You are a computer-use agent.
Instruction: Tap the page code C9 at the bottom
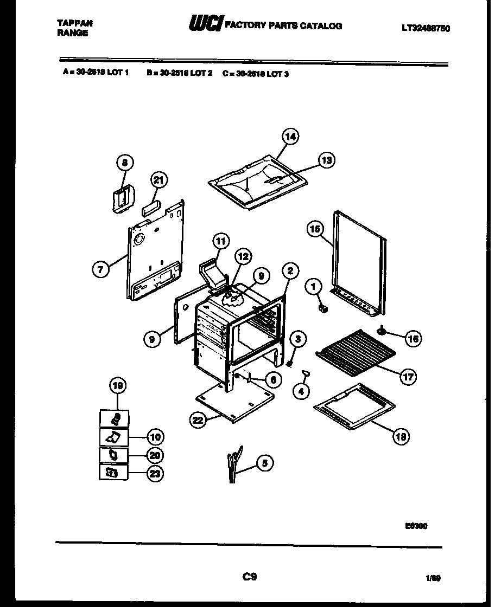coord(249,577)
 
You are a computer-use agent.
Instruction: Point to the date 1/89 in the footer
coord(433,578)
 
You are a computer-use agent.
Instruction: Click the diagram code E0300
coord(416,525)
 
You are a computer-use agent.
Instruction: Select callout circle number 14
coord(290,137)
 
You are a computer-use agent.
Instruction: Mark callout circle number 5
coord(264,463)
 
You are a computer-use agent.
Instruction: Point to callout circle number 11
coord(220,241)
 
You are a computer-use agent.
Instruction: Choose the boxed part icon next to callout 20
coord(113,455)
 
